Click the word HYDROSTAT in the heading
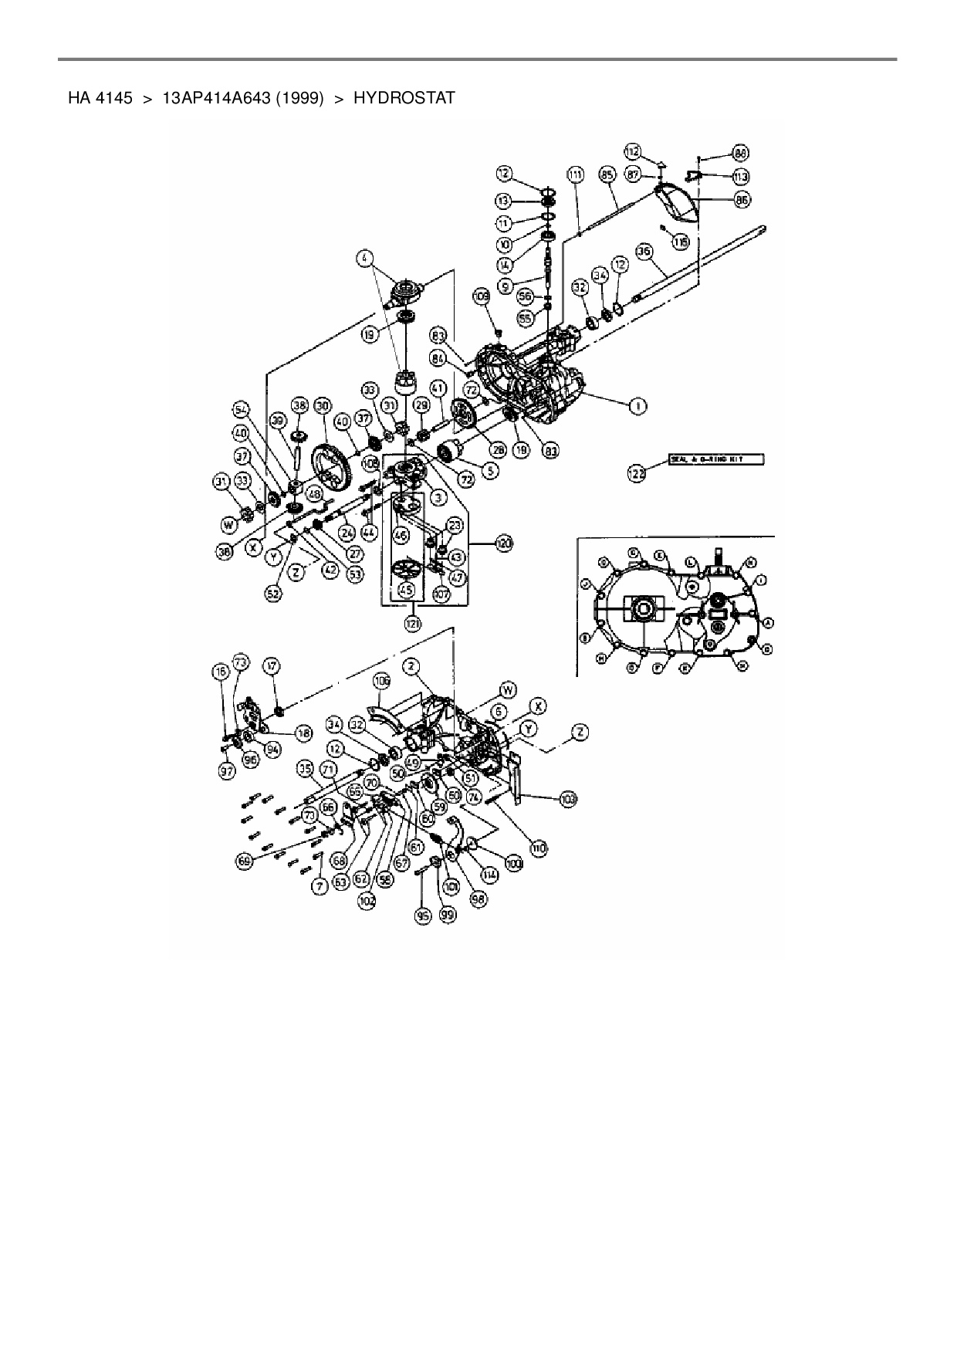click(x=404, y=99)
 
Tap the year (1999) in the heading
click(x=296, y=99)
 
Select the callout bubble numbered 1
click(x=638, y=406)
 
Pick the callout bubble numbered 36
click(x=645, y=252)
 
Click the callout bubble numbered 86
click(x=742, y=200)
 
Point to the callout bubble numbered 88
click(x=741, y=153)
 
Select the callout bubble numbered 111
click(x=576, y=176)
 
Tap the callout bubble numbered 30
click(x=322, y=405)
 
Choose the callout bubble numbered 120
click(x=503, y=544)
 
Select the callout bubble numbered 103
click(x=569, y=798)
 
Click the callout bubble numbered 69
click(x=245, y=860)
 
